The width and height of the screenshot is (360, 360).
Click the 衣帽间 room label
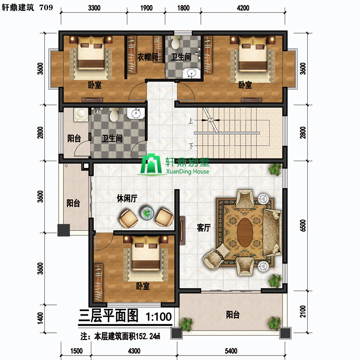click(148, 57)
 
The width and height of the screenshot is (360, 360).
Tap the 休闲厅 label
click(127, 198)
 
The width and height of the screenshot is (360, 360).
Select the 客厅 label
click(204, 228)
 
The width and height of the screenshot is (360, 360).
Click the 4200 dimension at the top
click(243, 8)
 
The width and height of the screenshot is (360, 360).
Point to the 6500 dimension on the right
click(303, 226)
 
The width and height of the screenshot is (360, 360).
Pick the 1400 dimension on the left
click(40, 318)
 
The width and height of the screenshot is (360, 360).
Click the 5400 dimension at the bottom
click(231, 351)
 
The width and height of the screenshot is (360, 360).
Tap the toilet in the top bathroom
click(176, 42)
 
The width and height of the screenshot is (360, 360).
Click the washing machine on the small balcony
click(81, 114)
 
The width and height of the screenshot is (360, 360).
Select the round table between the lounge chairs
click(147, 213)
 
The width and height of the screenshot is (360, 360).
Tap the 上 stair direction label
click(190, 120)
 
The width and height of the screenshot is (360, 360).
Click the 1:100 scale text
click(159, 317)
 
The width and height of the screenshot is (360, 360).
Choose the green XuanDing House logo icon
click(151, 164)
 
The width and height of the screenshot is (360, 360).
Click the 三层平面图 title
click(108, 316)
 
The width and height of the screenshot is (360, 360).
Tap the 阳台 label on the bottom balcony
click(233, 314)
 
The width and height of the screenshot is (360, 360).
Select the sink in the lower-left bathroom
click(136, 113)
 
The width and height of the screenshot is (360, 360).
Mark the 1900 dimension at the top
click(146, 8)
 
